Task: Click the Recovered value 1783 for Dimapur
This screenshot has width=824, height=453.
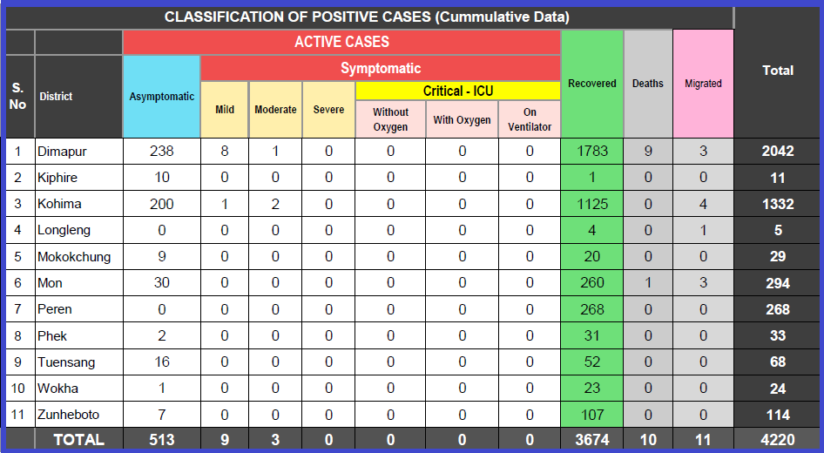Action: point(592,152)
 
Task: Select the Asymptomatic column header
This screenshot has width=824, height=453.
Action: point(162,97)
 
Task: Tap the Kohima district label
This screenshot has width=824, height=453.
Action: point(59,204)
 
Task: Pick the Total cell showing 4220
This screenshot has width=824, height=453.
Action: point(777,440)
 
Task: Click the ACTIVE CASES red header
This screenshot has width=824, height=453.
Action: point(341,42)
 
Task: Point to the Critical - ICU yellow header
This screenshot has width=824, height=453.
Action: point(457,91)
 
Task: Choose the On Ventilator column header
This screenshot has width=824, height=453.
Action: point(530,119)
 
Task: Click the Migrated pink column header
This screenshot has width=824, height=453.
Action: point(703,84)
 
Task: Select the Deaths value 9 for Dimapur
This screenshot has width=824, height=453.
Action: point(648,152)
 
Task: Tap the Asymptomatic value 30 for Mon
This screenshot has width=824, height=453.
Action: point(162,283)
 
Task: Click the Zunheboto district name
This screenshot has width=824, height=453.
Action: point(66,415)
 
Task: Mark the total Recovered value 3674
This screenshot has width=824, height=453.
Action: point(592,440)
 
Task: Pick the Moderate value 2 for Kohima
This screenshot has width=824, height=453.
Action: point(275,204)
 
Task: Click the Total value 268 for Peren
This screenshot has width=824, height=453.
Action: point(777,309)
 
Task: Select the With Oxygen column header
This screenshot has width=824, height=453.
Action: point(462,119)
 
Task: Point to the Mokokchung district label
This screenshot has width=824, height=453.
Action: point(71,257)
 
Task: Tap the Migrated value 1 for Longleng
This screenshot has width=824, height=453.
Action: point(703,230)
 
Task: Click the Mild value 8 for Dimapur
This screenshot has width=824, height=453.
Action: point(225,152)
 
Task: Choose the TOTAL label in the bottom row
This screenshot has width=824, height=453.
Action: point(78,440)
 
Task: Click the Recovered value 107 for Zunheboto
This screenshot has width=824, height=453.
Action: point(592,415)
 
